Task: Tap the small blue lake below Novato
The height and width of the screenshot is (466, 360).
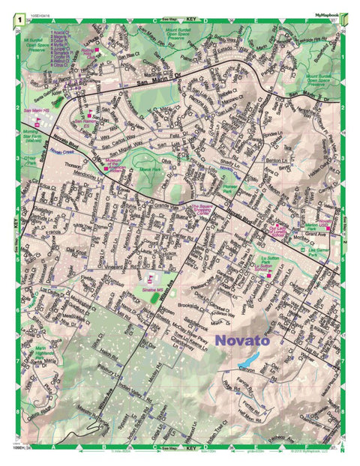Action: (246, 366)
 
